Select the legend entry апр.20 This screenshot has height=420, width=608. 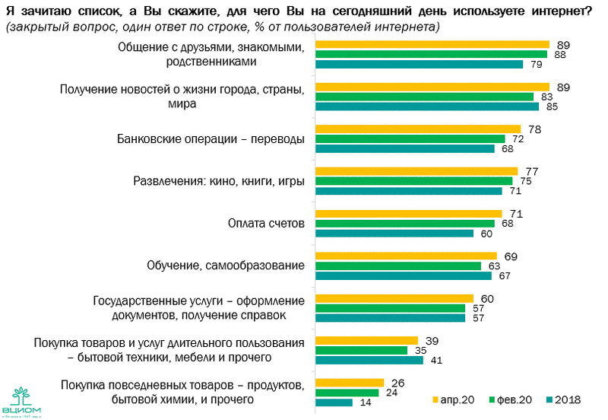[456, 399]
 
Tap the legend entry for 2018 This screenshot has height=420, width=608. [567, 399]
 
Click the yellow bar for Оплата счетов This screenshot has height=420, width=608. [408, 214]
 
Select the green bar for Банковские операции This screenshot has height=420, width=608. [410, 139]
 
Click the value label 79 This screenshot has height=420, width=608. [535, 65]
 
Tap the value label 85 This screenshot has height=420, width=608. [552, 107]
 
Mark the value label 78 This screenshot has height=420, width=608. [534, 129]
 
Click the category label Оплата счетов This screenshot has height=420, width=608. [266, 224]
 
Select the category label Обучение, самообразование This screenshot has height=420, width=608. [225, 266]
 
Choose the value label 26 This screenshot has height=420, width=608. [397, 382]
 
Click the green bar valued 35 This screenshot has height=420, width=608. [361, 350]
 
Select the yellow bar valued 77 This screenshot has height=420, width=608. [416, 171]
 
